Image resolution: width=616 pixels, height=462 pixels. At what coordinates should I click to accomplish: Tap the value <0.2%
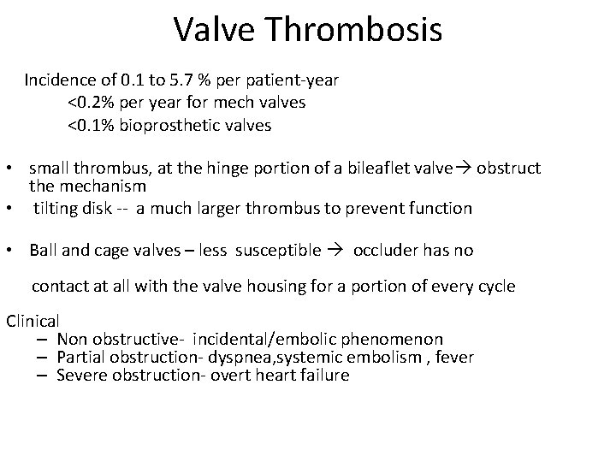(89, 103)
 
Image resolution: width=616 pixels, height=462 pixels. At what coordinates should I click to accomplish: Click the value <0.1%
(89, 126)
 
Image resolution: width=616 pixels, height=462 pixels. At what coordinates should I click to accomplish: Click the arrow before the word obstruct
(463, 168)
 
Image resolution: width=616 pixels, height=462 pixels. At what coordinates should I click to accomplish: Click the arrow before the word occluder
(337, 251)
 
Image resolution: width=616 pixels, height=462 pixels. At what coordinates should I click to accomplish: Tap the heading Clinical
(33, 322)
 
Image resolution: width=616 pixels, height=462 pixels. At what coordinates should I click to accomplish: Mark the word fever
(454, 357)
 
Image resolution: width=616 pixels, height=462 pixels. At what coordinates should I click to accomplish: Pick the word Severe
(82, 375)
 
